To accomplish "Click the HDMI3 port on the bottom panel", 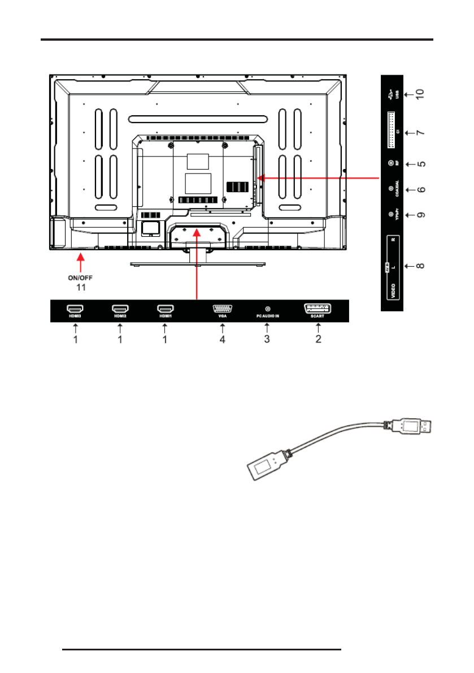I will coord(75,309).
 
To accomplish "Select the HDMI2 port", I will coord(120,309).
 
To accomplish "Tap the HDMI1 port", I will coord(165,309).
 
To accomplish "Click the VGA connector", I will coord(222,309).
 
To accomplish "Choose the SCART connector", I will coord(318,309).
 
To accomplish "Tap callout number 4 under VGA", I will coord(223,340).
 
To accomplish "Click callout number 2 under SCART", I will coord(319,340).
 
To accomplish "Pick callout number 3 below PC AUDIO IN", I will coord(267,340).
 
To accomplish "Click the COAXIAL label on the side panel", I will coord(398,189).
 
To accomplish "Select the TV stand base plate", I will coord(198,263).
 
